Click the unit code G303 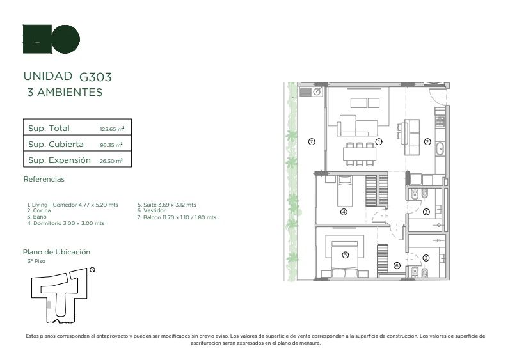point(95,77)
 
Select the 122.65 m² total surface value point(112,129)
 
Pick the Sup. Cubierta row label point(56,144)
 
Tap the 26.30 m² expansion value point(111,161)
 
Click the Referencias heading point(44,179)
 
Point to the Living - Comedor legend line point(72,205)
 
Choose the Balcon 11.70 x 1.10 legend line point(178,217)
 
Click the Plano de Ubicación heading point(56,252)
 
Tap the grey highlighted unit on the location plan point(49,305)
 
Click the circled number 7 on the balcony point(312,142)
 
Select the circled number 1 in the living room point(379,142)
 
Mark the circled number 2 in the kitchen point(427,142)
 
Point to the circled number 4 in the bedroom point(344,212)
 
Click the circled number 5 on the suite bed point(346,255)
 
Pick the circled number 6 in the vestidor point(397,265)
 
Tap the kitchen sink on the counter point(440,148)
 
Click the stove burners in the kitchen point(440,121)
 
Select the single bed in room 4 point(344,191)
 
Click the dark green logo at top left point(51,39)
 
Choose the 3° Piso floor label point(36,261)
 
